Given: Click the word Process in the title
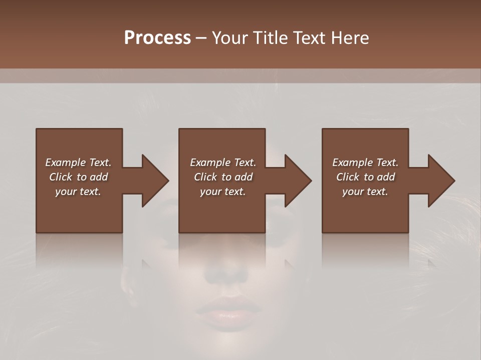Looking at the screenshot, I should pos(157,38).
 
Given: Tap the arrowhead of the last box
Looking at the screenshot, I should pos(440,180).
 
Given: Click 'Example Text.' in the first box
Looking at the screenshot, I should pos(78,162).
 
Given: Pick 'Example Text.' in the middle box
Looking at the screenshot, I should pos(222,162).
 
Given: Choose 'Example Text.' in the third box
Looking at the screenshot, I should pos(365,162).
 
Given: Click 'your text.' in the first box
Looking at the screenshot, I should pos(78,191).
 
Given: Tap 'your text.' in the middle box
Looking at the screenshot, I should pos(222,191).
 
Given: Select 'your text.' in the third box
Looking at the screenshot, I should pos(365,191).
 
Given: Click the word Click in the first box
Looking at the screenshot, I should pos(60,177).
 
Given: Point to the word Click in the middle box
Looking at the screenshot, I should pos(204,177).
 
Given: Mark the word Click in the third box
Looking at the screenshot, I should pos(348,177).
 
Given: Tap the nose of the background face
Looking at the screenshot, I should pos(226,270).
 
